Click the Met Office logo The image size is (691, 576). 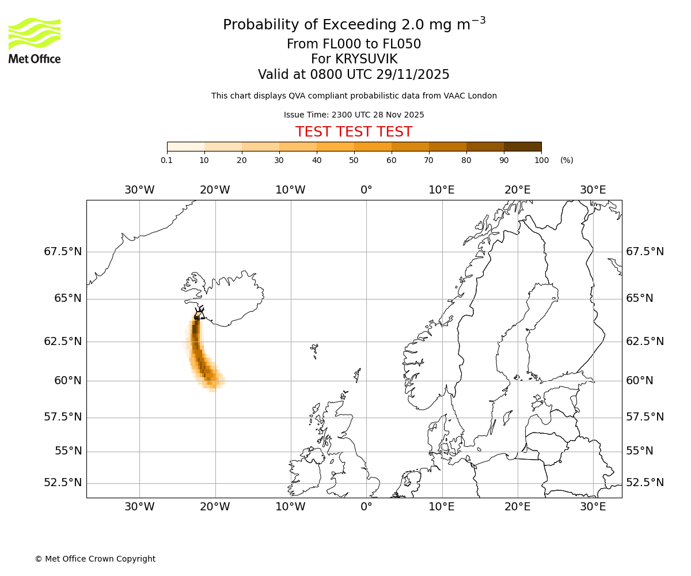click(x=35, y=40)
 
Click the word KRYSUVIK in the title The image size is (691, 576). click(x=354, y=59)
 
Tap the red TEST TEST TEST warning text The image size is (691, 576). click(x=354, y=132)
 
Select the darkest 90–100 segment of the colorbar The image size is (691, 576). click(x=522, y=146)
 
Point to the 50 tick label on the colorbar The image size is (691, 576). click(x=354, y=160)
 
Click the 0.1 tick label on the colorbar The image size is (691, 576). click(x=166, y=160)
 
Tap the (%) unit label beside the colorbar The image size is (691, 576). click(x=567, y=160)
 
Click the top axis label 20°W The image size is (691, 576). click(x=215, y=190)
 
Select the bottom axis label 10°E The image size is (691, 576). click(x=442, y=507)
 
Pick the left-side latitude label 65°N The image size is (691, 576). click(x=67, y=298)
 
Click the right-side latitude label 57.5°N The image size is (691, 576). click(x=644, y=417)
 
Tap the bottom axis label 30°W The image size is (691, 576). click(x=139, y=507)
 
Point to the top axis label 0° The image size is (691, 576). click(x=366, y=190)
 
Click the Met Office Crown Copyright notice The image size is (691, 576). click(x=95, y=559)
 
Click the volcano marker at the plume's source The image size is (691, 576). click(x=198, y=314)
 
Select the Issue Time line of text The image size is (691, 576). click(x=354, y=115)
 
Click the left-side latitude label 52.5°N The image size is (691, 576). click(x=63, y=483)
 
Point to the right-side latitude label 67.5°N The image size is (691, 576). click(x=644, y=252)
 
